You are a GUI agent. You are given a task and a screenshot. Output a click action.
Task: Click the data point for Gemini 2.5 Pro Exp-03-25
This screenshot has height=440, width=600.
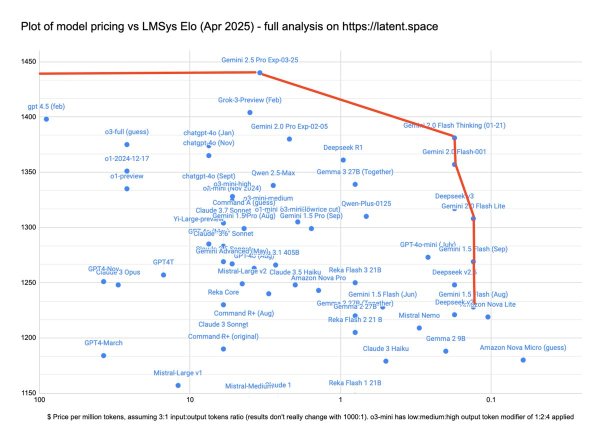[x=259, y=72]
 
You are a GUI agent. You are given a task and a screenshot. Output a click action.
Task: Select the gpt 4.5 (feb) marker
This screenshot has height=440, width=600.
[x=46, y=119]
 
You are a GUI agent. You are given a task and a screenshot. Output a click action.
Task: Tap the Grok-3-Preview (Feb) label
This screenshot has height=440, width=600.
[x=249, y=100]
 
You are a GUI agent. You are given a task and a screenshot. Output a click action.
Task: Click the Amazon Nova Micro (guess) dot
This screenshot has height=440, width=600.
[x=523, y=360]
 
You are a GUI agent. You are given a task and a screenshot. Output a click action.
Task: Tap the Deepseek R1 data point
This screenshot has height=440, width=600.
[x=343, y=160]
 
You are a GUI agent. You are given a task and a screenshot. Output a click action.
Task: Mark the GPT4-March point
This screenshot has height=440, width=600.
[x=103, y=355]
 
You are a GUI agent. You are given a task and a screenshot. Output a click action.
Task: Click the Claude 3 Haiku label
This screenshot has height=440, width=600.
[x=385, y=348]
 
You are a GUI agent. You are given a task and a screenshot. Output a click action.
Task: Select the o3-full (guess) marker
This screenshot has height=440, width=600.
[x=127, y=144]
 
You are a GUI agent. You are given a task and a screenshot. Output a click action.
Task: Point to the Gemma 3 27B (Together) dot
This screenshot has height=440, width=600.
[x=355, y=184]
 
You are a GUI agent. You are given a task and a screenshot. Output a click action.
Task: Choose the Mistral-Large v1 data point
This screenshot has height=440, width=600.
[x=178, y=385]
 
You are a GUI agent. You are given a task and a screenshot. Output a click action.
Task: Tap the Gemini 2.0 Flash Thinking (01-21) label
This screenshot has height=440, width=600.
[x=454, y=125]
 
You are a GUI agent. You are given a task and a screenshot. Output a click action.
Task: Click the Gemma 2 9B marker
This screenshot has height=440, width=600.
[x=445, y=351]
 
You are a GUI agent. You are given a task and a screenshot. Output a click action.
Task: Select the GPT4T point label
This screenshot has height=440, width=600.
[x=163, y=262]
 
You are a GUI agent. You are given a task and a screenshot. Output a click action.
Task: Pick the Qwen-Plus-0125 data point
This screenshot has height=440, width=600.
[x=366, y=216]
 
